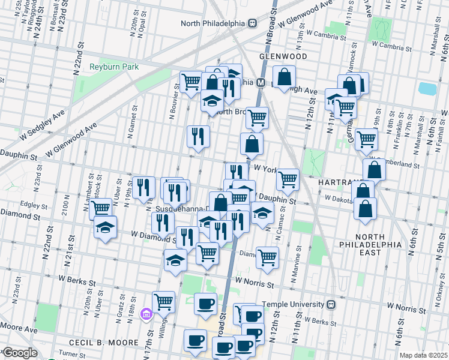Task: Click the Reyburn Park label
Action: (113, 67)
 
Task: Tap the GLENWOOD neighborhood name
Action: (283, 56)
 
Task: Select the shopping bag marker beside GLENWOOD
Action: (285, 77)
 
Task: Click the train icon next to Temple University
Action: (331, 304)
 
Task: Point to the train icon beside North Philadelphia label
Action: (252, 23)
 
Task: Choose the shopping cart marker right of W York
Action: (288, 179)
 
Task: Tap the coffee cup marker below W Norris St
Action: (206, 304)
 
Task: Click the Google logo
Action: (19, 353)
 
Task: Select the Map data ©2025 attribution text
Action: (423, 355)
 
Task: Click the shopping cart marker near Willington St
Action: (163, 302)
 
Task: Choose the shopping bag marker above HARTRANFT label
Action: (374, 170)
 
